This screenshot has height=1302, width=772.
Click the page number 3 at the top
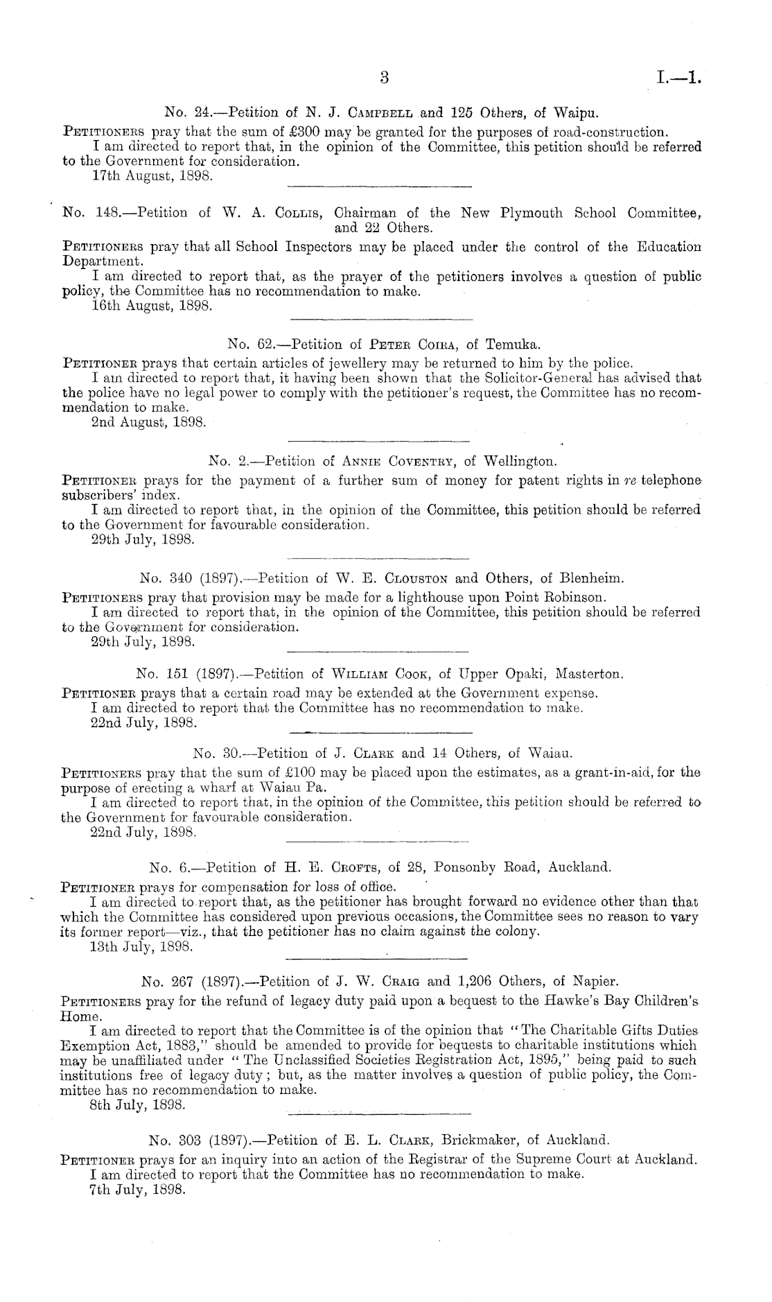point(386,78)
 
